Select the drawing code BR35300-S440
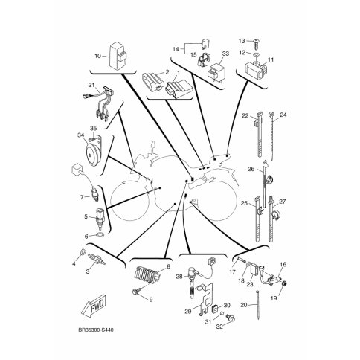click(96, 330)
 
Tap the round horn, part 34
click(91, 154)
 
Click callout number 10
click(98, 56)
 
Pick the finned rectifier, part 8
click(147, 274)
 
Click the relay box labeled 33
click(215, 72)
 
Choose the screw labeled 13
click(256, 44)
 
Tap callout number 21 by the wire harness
click(91, 86)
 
